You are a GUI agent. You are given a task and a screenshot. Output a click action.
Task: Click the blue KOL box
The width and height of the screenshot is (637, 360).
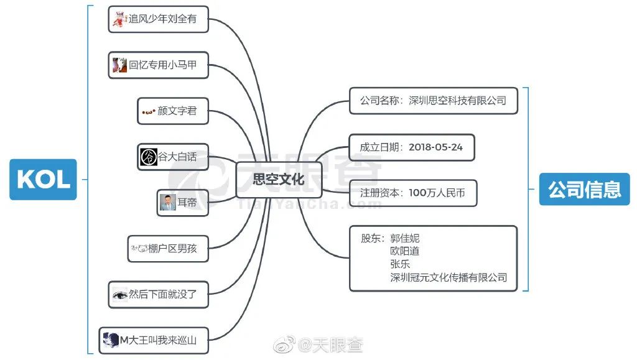point(43,180)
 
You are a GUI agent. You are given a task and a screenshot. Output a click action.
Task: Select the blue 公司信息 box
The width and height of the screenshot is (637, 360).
point(584,189)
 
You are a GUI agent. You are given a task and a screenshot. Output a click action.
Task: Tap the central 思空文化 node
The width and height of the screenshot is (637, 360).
point(279,179)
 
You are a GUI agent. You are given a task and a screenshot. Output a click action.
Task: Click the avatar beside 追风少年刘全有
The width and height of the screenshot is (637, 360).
point(119,19)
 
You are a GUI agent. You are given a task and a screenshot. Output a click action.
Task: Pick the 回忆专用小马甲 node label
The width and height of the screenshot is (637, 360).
point(163,65)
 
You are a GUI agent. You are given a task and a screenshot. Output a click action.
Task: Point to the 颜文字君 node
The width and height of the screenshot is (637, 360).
point(173,111)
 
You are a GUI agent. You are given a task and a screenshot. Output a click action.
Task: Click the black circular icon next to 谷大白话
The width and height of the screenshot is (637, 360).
point(149,157)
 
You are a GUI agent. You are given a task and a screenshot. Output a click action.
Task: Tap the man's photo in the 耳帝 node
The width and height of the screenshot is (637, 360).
point(168,203)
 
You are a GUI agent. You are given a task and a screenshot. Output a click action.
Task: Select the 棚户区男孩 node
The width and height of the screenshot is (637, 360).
point(168,248)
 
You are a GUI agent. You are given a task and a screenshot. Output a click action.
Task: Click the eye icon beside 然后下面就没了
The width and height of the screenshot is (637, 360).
point(120,295)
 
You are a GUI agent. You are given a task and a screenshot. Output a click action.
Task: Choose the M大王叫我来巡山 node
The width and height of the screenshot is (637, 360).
point(154,340)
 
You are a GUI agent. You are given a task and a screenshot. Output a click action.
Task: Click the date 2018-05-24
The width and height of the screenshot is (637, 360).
point(435,147)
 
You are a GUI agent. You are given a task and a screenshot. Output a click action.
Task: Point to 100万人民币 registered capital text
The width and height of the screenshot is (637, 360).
point(437,193)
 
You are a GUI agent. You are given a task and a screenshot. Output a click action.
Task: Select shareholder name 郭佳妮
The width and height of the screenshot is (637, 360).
point(404,238)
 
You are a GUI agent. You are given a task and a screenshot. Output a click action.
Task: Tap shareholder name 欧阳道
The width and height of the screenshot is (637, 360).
point(404,251)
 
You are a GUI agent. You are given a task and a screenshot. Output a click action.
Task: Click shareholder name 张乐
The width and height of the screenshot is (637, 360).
point(400,264)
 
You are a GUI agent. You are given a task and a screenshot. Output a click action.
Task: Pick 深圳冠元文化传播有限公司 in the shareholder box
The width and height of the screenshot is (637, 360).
point(449,277)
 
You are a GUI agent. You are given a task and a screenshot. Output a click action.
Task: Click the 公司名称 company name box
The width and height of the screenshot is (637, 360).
point(434,101)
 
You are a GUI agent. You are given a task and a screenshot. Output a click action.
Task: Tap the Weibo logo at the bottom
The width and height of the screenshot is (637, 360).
point(284,344)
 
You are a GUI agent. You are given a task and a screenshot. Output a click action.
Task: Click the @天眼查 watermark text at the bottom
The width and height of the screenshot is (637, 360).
point(330,345)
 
